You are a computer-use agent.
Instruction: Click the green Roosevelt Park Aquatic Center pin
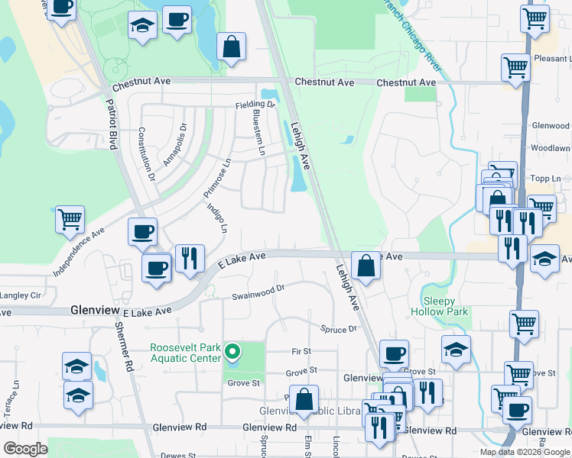234,353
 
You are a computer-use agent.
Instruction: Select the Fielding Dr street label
255,104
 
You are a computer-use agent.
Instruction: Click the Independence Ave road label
79,250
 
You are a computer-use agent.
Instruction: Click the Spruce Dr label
339,328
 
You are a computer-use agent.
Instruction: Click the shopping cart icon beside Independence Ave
70,219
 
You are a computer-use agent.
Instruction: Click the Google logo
25,449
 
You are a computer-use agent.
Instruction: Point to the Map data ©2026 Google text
525,452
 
